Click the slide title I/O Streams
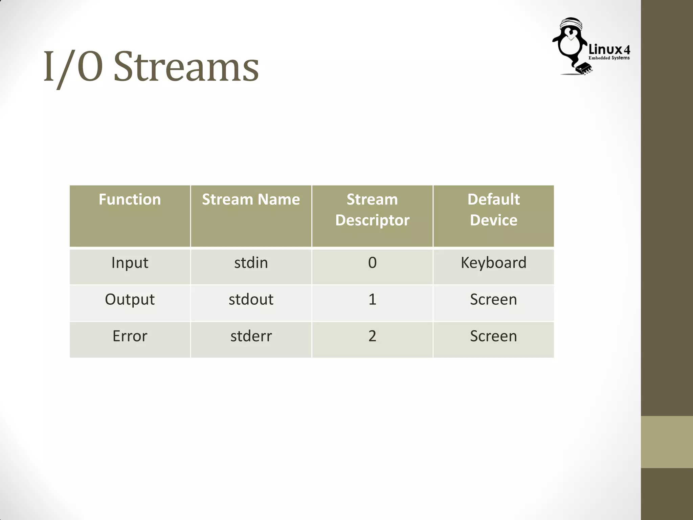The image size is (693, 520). tap(151, 67)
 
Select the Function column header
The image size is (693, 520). tap(130, 199)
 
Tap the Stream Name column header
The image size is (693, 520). tap(251, 199)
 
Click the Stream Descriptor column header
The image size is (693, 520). tap(372, 210)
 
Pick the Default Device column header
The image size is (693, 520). tap(493, 210)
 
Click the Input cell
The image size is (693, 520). tap(130, 263)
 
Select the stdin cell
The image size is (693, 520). tap(251, 263)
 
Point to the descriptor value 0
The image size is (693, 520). tap(372, 263)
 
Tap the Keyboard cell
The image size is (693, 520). tap(493, 263)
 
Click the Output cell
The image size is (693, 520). tap(130, 300)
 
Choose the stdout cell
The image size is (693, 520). tap(251, 300)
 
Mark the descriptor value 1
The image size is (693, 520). tap(372, 300)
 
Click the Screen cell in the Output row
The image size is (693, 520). tap(493, 300)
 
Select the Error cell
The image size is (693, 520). tap(130, 336)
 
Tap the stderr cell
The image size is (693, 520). tap(251, 336)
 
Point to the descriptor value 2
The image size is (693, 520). tap(372, 336)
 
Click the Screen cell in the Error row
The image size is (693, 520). tap(493, 336)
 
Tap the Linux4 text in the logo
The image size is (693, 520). tap(609, 50)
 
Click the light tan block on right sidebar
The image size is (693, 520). tap(667, 442)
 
